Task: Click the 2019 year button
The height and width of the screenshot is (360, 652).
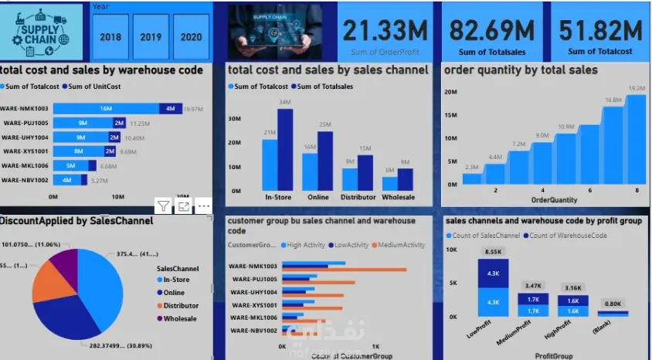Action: pos(151,36)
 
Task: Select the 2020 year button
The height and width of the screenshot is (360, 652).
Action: pos(191,36)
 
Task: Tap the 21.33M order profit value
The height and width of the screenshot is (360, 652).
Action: pos(385,32)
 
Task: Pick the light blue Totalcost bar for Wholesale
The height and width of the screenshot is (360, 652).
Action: pos(389,183)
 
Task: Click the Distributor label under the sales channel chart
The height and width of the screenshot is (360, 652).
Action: pos(358,198)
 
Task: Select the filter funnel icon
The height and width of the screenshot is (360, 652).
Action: pos(164,205)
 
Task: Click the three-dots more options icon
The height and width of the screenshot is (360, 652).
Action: pos(203,205)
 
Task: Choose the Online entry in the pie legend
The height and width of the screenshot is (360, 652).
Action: pos(175,293)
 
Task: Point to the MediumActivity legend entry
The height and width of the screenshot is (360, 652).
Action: pos(399,245)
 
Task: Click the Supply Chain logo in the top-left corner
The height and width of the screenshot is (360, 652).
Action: pos(41,33)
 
